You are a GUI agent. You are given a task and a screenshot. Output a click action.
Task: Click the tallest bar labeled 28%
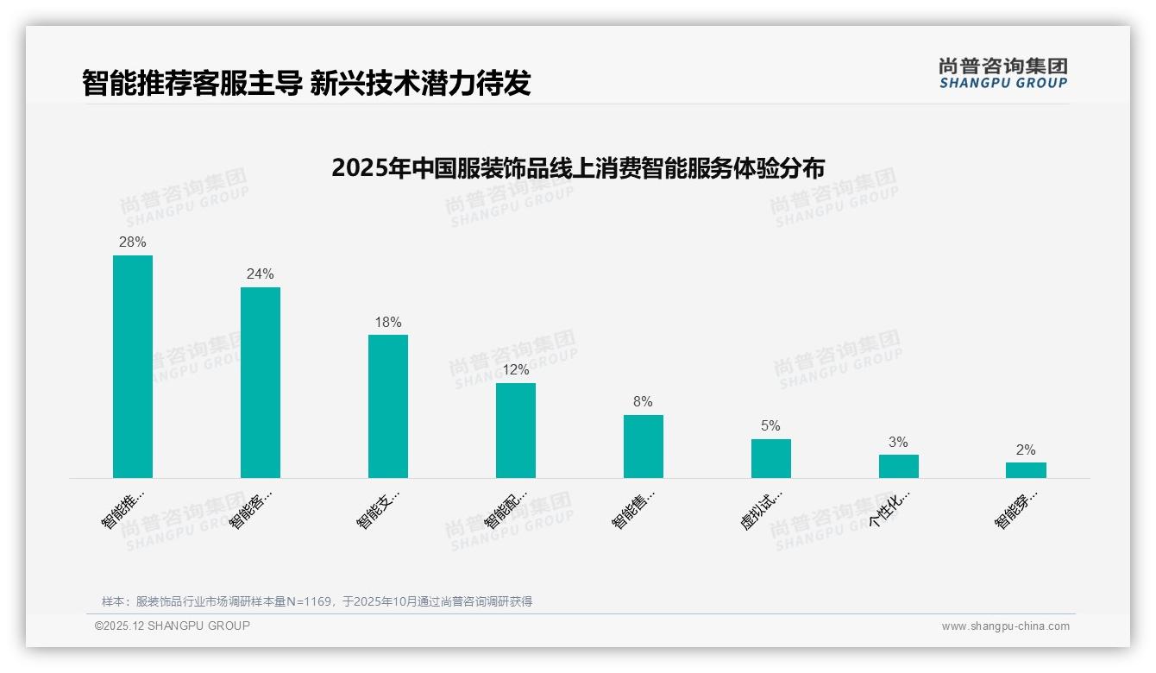click(x=133, y=367)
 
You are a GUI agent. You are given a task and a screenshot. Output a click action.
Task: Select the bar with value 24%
click(x=261, y=382)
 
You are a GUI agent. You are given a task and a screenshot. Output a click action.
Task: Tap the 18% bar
click(x=388, y=406)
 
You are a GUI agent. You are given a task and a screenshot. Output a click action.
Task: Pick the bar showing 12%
click(x=516, y=431)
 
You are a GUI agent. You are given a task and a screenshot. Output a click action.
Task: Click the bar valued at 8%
click(x=644, y=446)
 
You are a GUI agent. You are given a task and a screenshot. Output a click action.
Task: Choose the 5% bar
click(x=771, y=458)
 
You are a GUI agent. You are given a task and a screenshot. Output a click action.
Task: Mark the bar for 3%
click(x=899, y=466)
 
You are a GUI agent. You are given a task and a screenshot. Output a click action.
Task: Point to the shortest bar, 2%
click(x=1026, y=470)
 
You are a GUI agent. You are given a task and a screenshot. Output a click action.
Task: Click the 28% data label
click(x=133, y=242)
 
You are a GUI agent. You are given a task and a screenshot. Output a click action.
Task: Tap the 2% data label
click(x=1026, y=450)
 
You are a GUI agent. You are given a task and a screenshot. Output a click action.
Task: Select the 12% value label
click(x=516, y=370)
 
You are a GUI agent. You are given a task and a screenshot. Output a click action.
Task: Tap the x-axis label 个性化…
click(x=889, y=511)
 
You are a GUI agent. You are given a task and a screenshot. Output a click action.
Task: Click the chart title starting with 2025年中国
click(x=578, y=167)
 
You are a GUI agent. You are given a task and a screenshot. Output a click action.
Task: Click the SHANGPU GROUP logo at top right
click(x=1002, y=73)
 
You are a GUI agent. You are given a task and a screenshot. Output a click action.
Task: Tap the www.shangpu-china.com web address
click(x=1005, y=626)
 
